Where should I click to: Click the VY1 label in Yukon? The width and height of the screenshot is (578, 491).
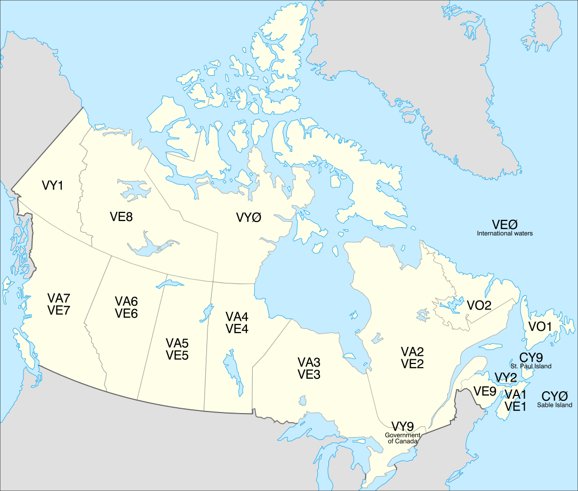[52, 186]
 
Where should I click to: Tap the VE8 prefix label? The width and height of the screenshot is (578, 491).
[122, 217]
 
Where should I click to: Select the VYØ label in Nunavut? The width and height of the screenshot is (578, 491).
[249, 218]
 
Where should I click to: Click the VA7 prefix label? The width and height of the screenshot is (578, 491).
[59, 298]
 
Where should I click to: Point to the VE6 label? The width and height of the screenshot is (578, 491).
[126, 314]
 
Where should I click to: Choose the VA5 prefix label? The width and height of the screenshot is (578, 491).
[177, 343]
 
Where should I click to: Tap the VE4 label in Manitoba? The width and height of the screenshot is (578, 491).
[237, 329]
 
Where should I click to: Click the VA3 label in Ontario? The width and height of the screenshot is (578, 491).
[309, 361]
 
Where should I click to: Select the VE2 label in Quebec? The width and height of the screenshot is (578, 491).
[412, 365]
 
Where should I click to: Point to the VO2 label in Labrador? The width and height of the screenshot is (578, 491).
[479, 305]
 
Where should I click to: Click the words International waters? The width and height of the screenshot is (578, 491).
[505, 234]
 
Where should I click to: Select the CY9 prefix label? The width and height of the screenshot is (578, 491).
[531, 358]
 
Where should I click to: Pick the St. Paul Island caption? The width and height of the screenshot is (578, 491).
[531, 367]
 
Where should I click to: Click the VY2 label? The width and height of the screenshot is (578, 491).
[505, 378]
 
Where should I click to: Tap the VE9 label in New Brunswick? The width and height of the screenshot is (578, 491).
[485, 391]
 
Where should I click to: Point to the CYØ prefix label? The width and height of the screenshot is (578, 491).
[555, 397]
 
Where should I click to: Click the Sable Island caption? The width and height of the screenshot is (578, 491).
[555, 406]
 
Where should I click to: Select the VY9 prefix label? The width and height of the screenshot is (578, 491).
[403, 426]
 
